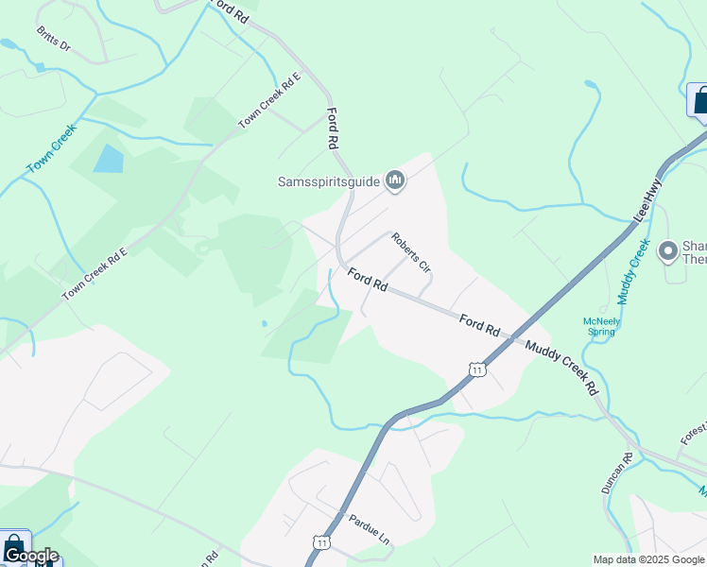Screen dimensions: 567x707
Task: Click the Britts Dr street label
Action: click(x=54, y=39)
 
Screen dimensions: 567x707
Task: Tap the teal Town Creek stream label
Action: click(x=50, y=149)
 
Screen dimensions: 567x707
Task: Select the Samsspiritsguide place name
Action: click(x=328, y=181)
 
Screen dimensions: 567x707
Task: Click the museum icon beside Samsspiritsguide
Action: click(x=396, y=180)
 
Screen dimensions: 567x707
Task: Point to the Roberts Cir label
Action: click(x=411, y=253)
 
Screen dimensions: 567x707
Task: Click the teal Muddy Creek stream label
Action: click(x=633, y=271)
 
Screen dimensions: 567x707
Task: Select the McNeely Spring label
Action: click(x=601, y=326)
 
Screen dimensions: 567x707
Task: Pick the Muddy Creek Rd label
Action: click(x=562, y=368)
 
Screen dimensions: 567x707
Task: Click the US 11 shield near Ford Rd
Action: click(x=478, y=368)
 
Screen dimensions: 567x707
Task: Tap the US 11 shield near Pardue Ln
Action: click(x=321, y=542)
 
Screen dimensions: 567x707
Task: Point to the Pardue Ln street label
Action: click(x=369, y=530)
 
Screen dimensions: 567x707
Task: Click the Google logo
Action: click(x=30, y=556)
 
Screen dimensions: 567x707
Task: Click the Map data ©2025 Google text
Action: click(x=648, y=559)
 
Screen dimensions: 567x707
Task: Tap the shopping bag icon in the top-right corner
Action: click(x=700, y=99)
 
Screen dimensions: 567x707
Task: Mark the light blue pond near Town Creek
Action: click(x=108, y=159)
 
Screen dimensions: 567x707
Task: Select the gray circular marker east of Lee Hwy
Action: click(x=669, y=250)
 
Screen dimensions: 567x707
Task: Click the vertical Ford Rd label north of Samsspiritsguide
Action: click(x=332, y=129)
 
